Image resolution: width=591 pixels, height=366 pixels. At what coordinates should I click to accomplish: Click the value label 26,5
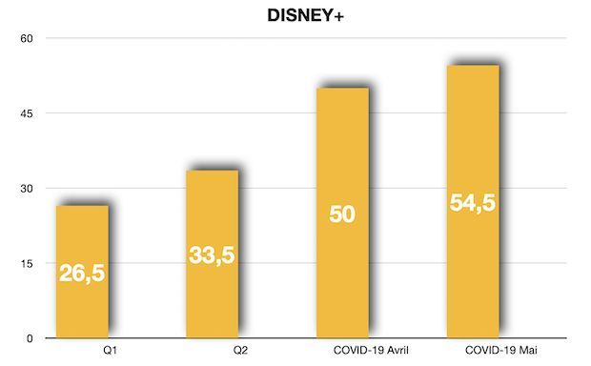tap(82, 273)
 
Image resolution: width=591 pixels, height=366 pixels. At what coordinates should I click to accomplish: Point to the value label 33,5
tap(212, 255)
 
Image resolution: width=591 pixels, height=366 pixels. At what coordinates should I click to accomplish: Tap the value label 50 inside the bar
tap(342, 213)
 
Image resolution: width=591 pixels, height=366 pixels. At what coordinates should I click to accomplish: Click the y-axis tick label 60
tap(27, 39)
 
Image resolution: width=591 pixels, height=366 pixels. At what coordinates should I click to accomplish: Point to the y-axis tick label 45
tap(27, 114)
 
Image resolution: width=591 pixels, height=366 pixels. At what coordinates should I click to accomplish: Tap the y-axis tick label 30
tap(27, 189)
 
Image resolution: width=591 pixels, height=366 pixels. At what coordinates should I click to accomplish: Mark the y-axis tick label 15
tap(27, 264)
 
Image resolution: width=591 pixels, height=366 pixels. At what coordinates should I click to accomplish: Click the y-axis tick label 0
tap(30, 338)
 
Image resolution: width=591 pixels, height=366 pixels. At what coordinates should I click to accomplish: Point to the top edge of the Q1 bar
tap(82, 206)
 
